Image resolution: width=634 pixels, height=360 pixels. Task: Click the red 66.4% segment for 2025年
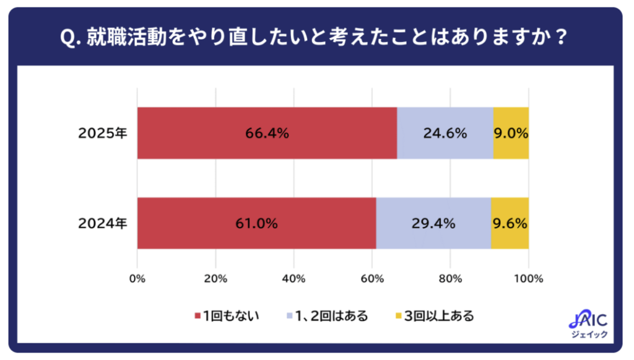click(x=267, y=133)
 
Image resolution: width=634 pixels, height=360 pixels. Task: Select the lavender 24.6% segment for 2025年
click(x=445, y=133)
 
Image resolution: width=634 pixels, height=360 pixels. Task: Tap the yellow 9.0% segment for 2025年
click(x=511, y=133)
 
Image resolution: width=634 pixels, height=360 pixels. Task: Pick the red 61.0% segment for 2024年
click(x=256, y=223)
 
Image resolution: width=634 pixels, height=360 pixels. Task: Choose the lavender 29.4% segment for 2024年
click(x=433, y=223)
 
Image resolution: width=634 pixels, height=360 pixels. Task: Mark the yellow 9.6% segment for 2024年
click(x=510, y=223)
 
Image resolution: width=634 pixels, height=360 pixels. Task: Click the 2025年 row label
click(x=103, y=133)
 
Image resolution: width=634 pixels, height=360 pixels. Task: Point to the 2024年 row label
click(x=103, y=224)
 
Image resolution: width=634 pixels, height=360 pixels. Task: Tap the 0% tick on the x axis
click(x=137, y=279)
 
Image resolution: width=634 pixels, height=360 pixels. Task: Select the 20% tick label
click(x=215, y=279)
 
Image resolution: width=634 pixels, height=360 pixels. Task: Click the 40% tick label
click(x=293, y=279)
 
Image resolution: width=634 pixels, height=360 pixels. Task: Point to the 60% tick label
click(x=372, y=279)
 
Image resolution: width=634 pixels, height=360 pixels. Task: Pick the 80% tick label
click(x=451, y=279)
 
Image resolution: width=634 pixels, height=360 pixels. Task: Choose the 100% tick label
click(x=529, y=279)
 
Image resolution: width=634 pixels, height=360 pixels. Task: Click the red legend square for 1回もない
click(x=198, y=317)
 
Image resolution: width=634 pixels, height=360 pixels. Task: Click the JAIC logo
click(x=588, y=325)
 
